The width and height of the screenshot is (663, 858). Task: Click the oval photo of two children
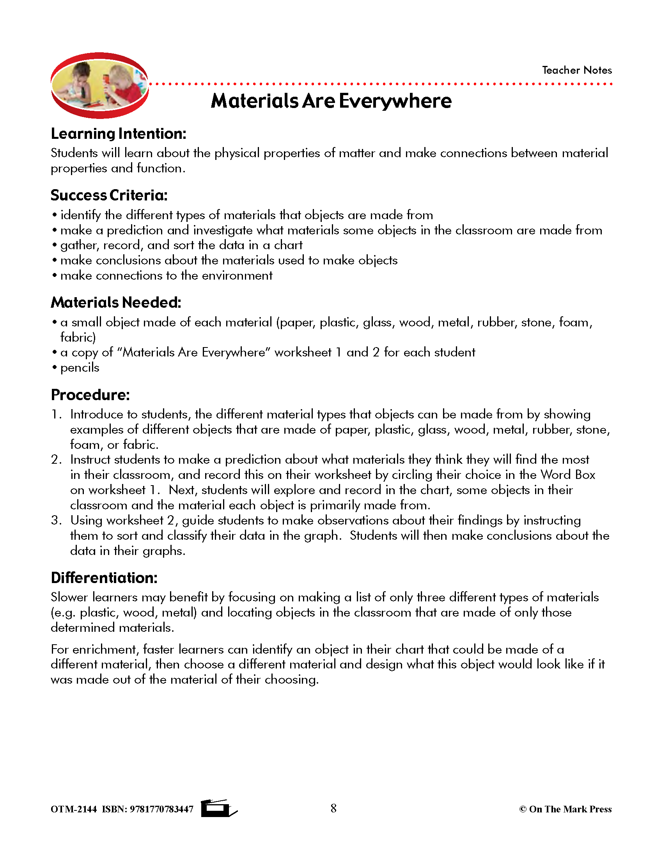tap(99, 85)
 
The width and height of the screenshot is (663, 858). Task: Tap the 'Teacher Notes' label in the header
tap(576, 70)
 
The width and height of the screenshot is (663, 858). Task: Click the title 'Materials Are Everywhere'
tap(331, 101)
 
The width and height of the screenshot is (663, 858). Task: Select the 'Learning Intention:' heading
tap(118, 134)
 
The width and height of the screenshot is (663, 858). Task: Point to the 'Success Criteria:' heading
tap(109, 195)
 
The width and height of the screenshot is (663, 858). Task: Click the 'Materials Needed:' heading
tap(116, 303)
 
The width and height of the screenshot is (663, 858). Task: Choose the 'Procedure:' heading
tap(90, 395)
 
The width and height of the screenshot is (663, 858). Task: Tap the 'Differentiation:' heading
tap(104, 578)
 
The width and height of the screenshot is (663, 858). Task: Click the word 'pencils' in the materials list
tap(80, 368)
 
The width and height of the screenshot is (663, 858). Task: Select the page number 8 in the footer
tap(333, 808)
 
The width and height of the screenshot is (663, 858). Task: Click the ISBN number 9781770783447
tap(161, 809)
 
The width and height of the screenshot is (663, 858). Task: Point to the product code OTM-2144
tap(73, 809)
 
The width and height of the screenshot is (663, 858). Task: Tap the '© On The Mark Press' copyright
tap(565, 809)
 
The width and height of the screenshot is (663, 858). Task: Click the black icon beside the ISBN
tap(218, 808)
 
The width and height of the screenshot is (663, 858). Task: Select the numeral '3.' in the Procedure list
tap(56, 521)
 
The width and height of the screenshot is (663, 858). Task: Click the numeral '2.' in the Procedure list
tap(56, 460)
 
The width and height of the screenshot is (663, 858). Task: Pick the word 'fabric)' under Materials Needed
tap(78, 337)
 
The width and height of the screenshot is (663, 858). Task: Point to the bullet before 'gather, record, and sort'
tap(55, 245)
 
